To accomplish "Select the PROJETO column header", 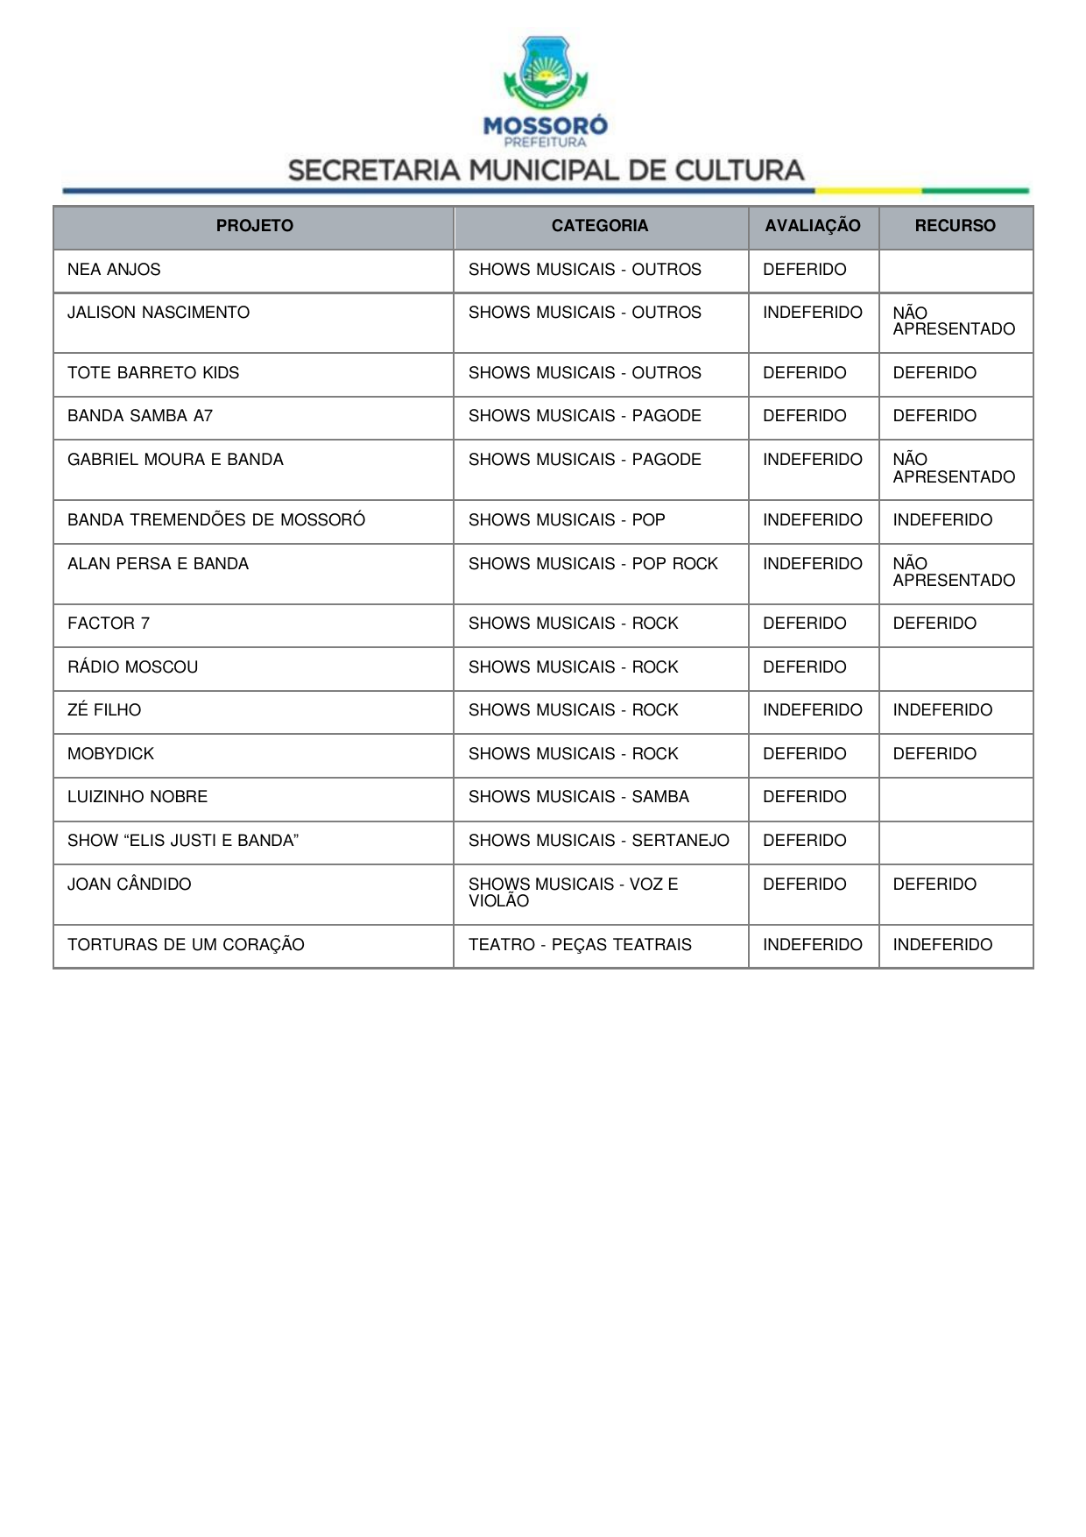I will pyautogui.click(x=254, y=226).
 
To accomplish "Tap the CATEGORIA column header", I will pyautogui.click(x=600, y=226).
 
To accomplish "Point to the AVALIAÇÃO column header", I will pyautogui.click(x=813, y=226).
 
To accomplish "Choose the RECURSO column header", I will pyautogui.click(x=955, y=226).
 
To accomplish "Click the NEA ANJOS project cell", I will pyautogui.click(x=114, y=270).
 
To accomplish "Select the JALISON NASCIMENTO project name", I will pyautogui.click(x=159, y=313).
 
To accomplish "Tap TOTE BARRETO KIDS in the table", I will pyautogui.click(x=153, y=373).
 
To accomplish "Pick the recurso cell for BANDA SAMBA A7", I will pyautogui.click(x=934, y=416).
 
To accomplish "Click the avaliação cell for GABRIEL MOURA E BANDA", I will pyautogui.click(x=812, y=460).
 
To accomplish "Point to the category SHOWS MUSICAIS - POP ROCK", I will pyautogui.click(x=593, y=564).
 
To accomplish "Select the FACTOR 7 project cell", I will pyautogui.click(x=109, y=624).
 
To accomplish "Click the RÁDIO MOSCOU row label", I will pyautogui.click(x=133, y=667).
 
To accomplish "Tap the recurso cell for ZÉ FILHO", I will pyautogui.click(x=942, y=710).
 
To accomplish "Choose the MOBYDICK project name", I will pyautogui.click(x=110, y=754).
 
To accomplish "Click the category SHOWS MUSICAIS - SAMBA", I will pyautogui.click(x=578, y=797).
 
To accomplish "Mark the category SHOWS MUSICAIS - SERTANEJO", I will pyautogui.click(x=598, y=841).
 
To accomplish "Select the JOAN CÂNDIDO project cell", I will pyautogui.click(x=130, y=885).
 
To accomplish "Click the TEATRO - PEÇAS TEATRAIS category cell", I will pyautogui.click(x=580, y=945).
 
